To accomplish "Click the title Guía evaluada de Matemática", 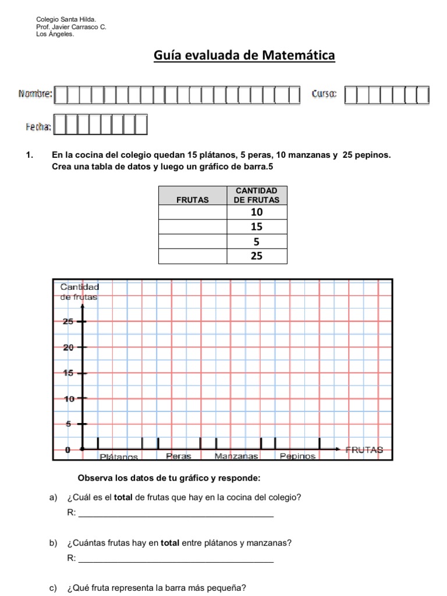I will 244,56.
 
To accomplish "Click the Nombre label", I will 36,94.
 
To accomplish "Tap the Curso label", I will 324,94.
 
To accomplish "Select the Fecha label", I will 38,126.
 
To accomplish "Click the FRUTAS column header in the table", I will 192,200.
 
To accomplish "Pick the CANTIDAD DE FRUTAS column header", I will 257,195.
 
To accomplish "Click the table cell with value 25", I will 257,255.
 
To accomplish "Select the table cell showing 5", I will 257,241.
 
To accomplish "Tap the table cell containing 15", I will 257,227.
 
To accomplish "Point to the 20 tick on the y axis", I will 68,347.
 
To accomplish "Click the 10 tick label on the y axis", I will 68,399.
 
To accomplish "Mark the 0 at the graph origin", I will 68,449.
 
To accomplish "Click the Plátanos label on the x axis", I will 119,456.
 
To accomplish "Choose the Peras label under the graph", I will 178,456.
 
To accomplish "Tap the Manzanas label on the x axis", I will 236,456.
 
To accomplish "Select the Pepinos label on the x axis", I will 297,456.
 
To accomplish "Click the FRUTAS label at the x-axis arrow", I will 364,449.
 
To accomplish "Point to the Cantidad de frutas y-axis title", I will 80,291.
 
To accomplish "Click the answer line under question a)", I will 175,515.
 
